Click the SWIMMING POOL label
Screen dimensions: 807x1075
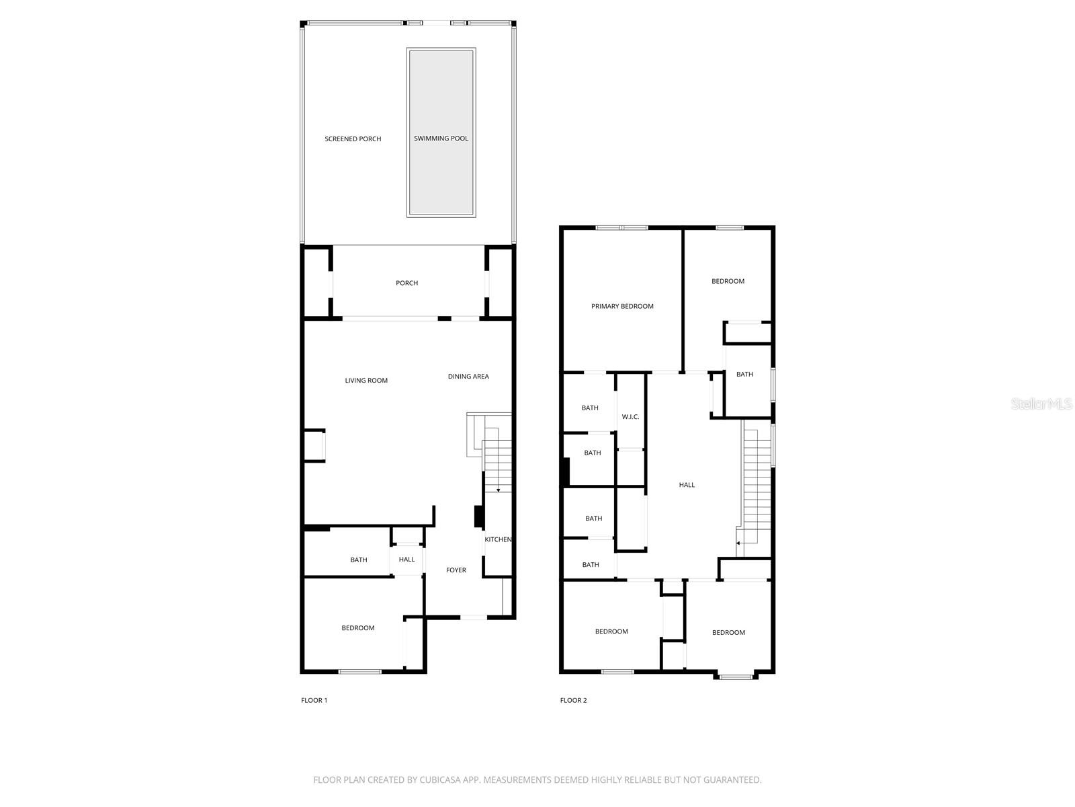(x=441, y=139)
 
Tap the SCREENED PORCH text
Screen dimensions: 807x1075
(x=353, y=139)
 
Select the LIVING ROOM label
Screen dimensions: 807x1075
(x=366, y=381)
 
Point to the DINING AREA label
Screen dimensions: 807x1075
(x=468, y=377)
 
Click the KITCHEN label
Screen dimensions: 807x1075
(x=498, y=539)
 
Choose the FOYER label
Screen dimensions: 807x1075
(x=456, y=570)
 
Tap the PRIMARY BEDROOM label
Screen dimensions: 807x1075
(x=622, y=307)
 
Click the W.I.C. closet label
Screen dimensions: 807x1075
(x=630, y=417)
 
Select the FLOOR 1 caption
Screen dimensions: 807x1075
(x=314, y=700)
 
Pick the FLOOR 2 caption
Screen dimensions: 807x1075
(x=573, y=700)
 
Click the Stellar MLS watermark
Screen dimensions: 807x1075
(x=1042, y=404)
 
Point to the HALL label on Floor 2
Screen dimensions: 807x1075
(x=687, y=485)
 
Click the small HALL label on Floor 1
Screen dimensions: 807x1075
(x=406, y=560)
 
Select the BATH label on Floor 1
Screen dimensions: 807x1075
(x=359, y=560)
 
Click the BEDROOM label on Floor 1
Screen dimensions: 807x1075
(x=358, y=628)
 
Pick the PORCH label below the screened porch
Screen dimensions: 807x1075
(x=406, y=283)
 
